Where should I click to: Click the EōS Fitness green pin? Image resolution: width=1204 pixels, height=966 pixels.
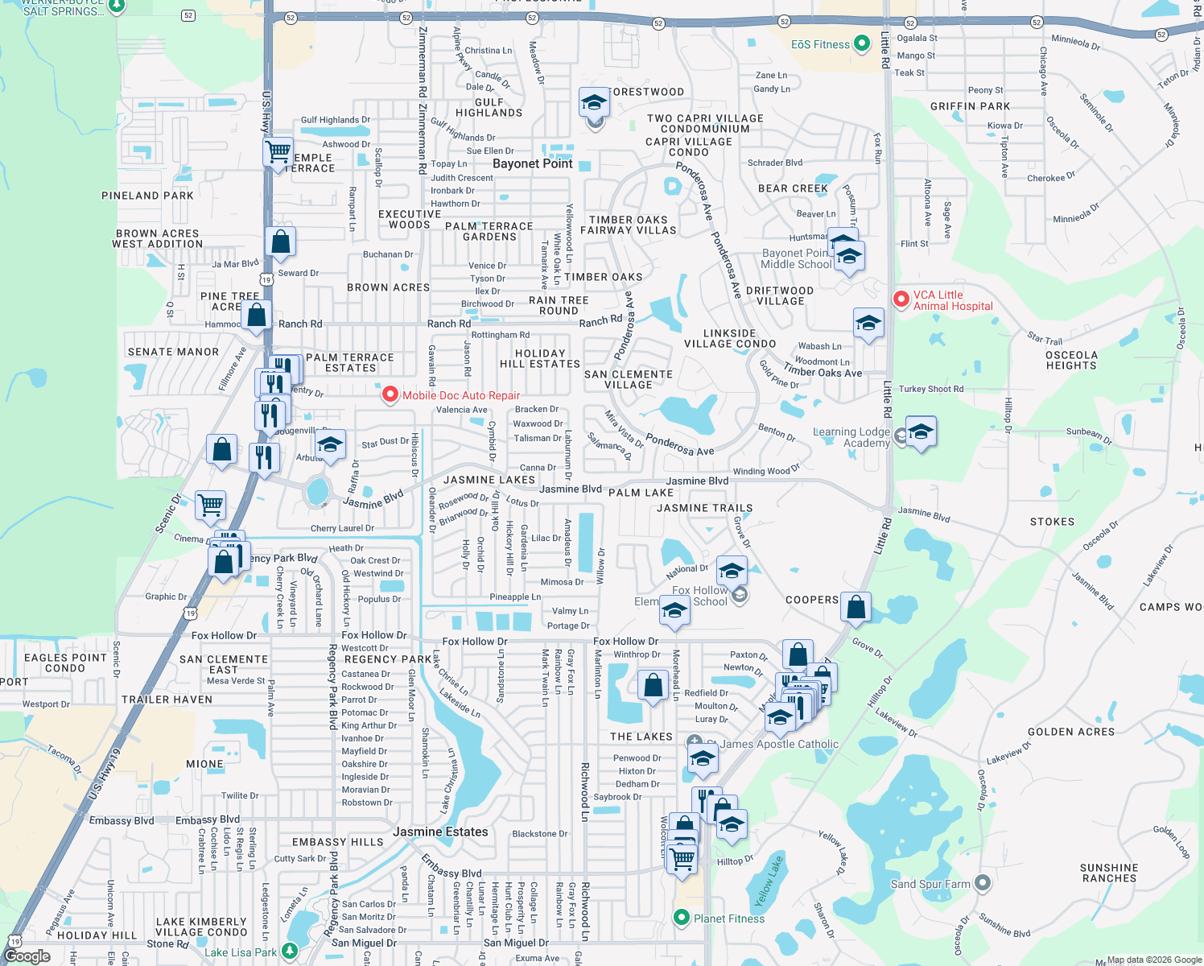[861, 43]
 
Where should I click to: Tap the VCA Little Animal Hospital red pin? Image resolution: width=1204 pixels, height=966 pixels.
[901, 299]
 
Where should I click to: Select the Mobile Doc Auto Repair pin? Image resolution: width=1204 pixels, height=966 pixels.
[390, 394]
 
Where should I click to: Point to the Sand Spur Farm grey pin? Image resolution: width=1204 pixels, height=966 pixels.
[982, 883]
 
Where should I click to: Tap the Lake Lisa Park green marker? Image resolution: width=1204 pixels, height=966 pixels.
[290, 952]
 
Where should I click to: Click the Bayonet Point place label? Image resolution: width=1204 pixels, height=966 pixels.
[532, 163]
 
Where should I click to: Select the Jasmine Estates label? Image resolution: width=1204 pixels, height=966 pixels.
[440, 832]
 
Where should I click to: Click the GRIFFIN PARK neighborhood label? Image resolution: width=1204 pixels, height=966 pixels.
[970, 106]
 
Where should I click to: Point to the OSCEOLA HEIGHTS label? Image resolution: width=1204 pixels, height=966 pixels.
[1070, 360]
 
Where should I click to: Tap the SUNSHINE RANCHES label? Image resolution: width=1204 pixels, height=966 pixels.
[1109, 873]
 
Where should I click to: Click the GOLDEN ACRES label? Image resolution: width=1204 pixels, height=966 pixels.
[1071, 732]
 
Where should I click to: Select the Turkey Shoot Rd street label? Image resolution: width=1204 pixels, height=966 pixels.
[930, 389]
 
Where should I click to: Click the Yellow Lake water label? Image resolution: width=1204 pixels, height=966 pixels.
[768, 881]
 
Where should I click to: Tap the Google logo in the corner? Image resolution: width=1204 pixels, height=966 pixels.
[27, 956]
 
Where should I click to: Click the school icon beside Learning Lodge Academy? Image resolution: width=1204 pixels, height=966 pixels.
[921, 433]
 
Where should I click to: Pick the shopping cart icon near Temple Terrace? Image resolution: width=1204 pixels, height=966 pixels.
[278, 151]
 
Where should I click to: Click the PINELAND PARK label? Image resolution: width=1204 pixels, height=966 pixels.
[147, 196]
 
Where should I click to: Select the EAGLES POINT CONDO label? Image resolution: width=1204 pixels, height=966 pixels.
[65, 663]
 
